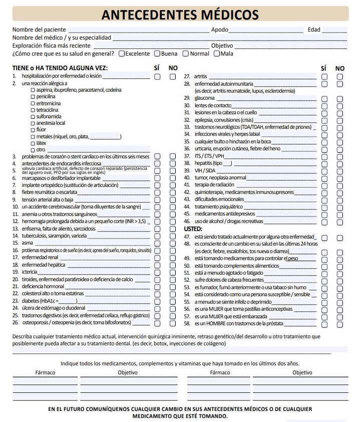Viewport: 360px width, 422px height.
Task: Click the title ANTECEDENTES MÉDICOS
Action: [x=180, y=15]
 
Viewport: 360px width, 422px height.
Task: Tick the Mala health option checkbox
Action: [x=217, y=54]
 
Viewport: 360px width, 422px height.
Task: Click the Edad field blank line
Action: [x=334, y=30]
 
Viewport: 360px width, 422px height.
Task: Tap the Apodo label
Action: [x=219, y=30]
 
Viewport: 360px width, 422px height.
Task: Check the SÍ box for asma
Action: [x=157, y=243]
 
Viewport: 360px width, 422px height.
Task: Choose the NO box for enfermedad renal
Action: [x=173, y=257]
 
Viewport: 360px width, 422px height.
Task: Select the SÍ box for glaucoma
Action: [x=324, y=99]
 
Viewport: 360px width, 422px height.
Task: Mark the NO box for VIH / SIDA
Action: [x=340, y=171]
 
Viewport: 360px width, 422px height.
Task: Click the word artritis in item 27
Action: [x=201, y=77]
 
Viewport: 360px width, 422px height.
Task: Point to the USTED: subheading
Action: [x=193, y=229]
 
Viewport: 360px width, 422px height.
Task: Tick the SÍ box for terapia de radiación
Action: [x=324, y=185]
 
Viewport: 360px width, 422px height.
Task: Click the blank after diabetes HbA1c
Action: [x=68, y=301]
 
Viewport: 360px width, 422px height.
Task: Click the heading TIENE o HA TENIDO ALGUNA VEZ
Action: [x=60, y=68]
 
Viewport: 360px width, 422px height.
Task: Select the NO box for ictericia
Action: [x=173, y=272]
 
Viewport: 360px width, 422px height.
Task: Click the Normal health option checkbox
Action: [x=186, y=54]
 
